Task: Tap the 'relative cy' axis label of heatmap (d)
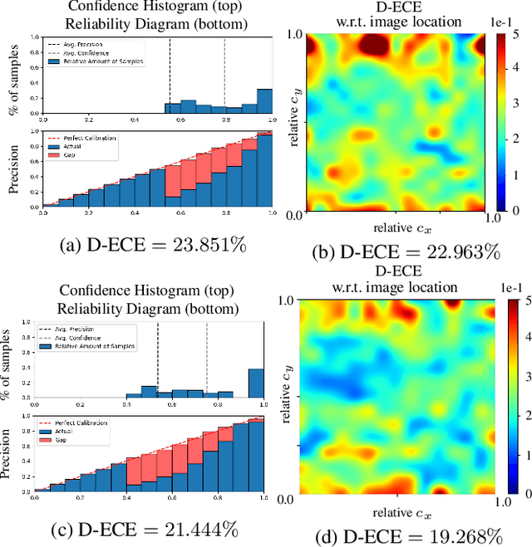[x=285, y=398]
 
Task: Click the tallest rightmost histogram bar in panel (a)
[x=264, y=100]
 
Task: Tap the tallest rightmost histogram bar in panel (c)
[x=256, y=383]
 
